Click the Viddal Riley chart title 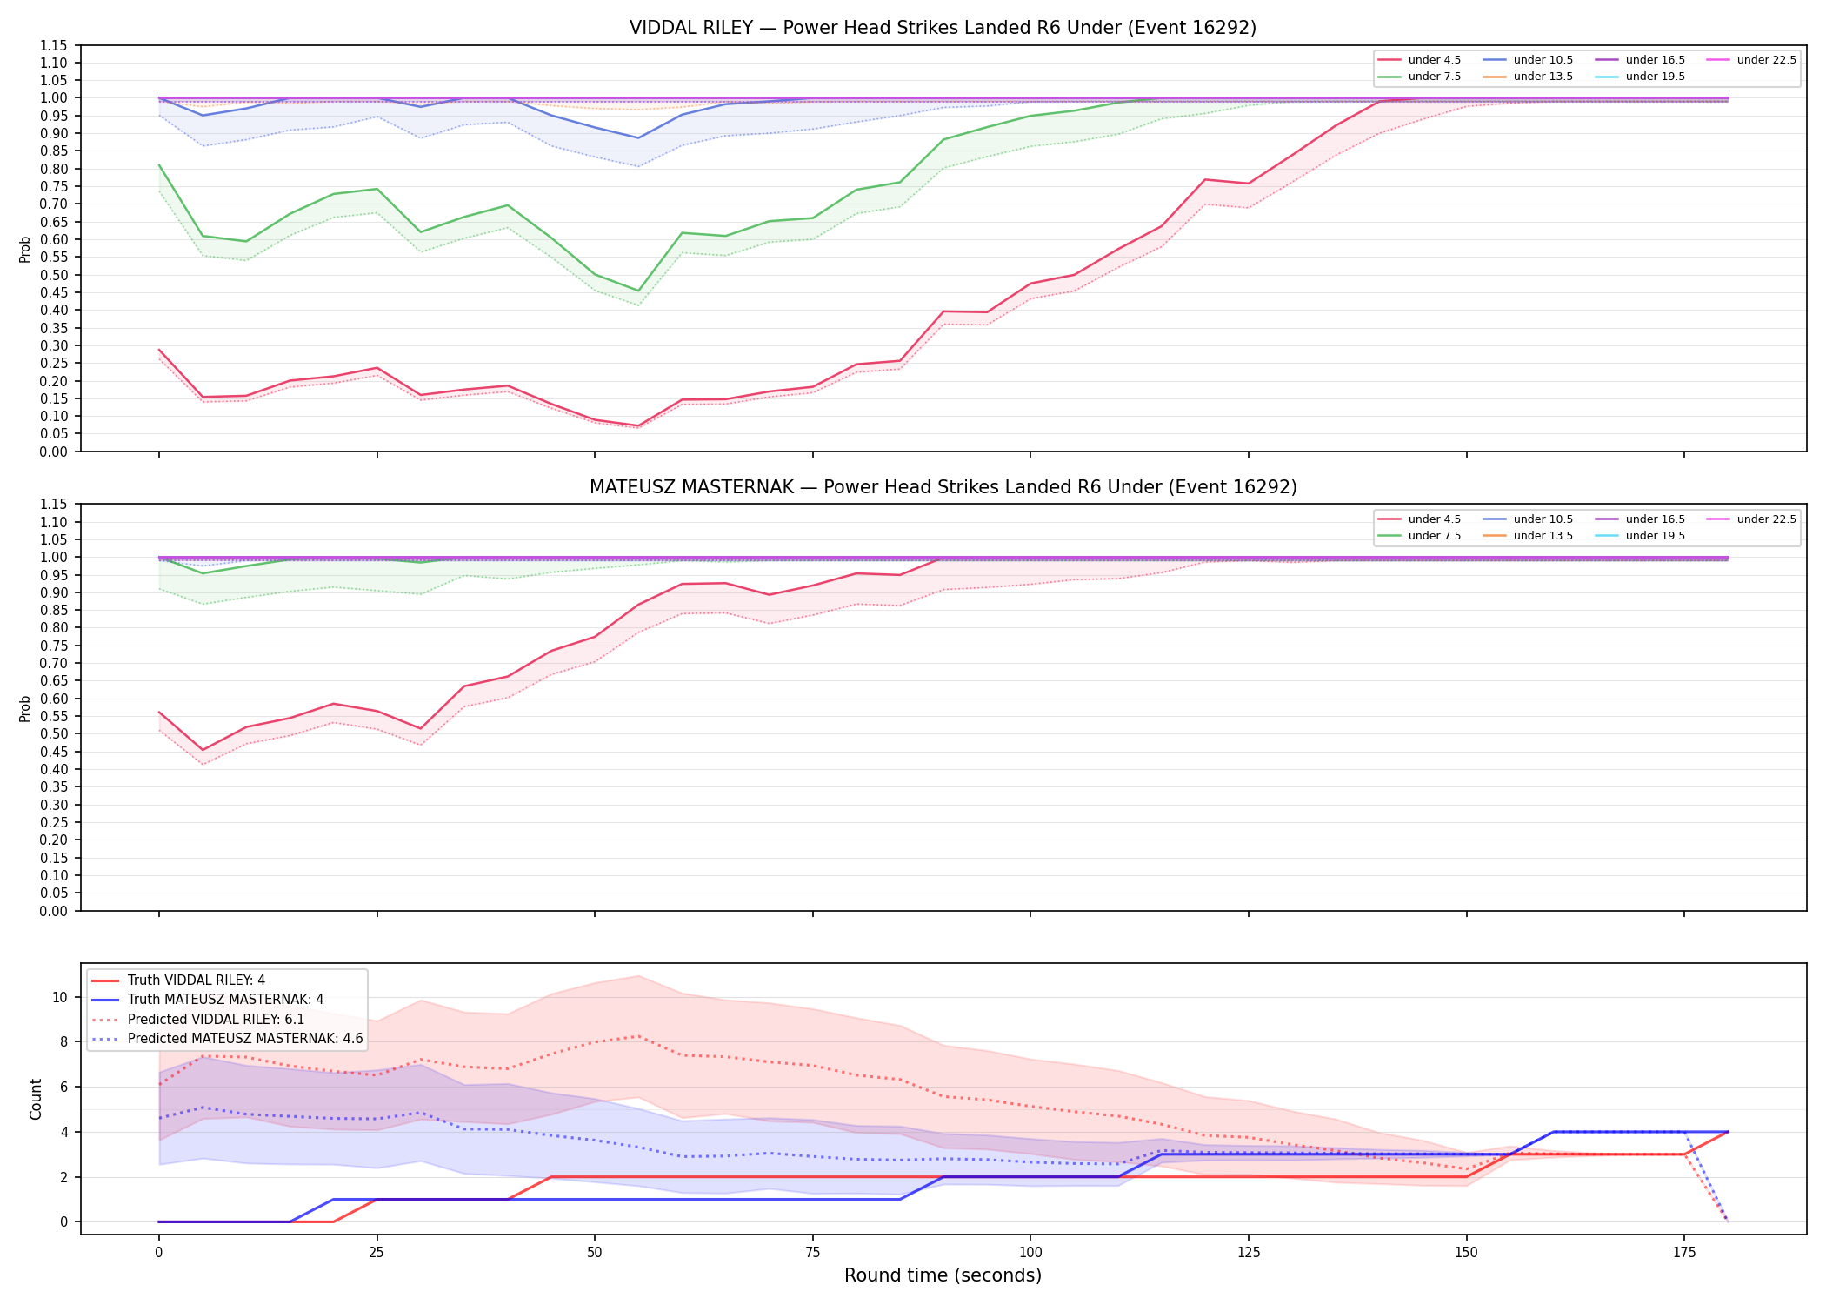click(x=943, y=28)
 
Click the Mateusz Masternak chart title click(x=943, y=487)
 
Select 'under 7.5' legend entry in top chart click(x=1419, y=77)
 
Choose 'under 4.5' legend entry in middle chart click(x=1419, y=519)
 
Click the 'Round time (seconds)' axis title click(x=943, y=1275)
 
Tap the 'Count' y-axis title click(x=36, y=1099)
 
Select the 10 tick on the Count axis click(x=60, y=997)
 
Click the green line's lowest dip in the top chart click(x=638, y=291)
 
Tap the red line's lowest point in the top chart click(x=638, y=425)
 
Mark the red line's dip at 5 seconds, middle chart click(x=203, y=750)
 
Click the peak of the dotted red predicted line click(x=638, y=1036)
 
